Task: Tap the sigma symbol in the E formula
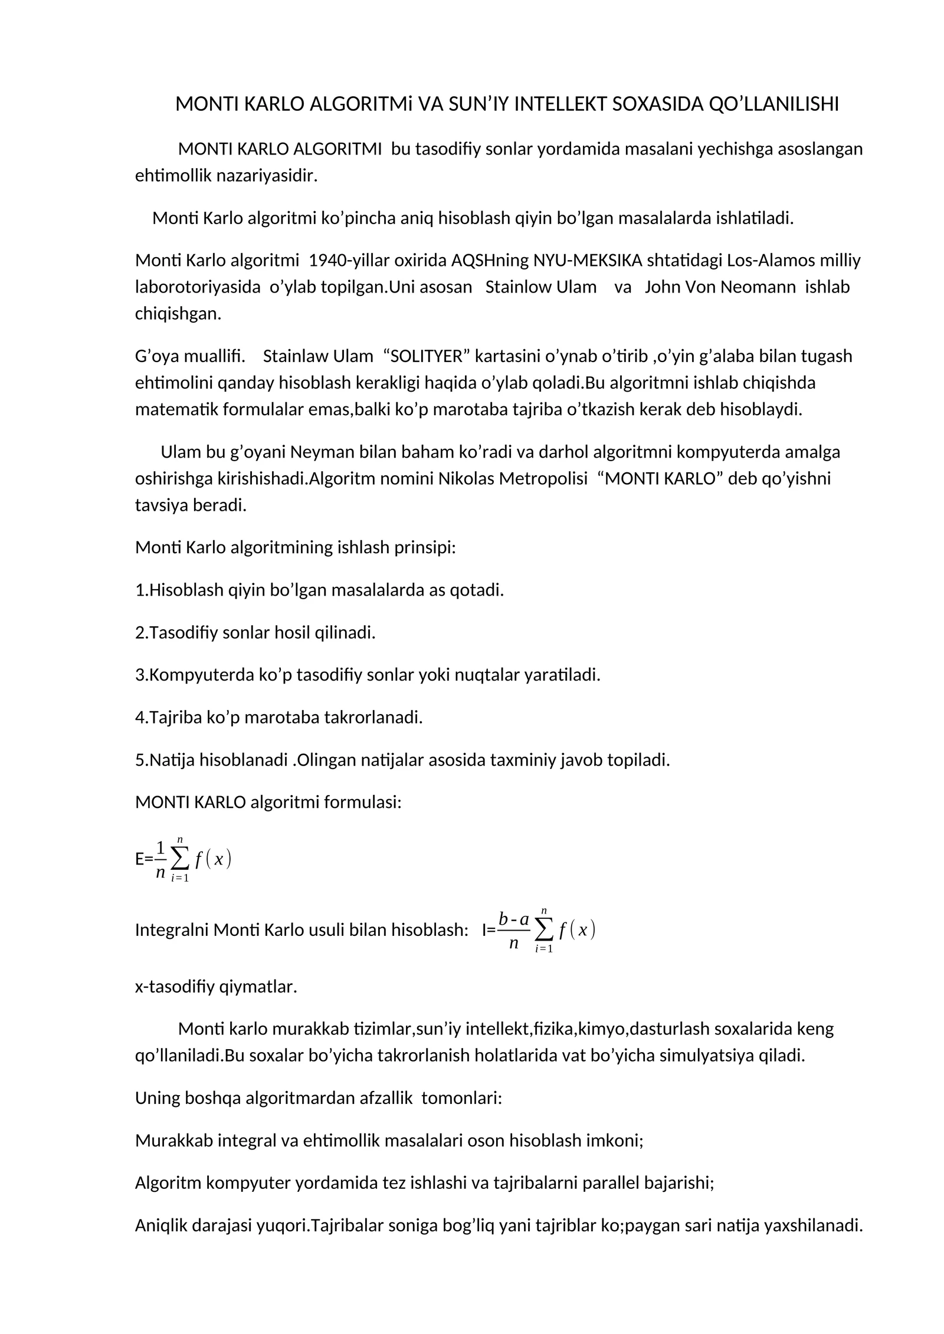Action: [x=180, y=859]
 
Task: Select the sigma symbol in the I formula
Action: [x=544, y=930]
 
